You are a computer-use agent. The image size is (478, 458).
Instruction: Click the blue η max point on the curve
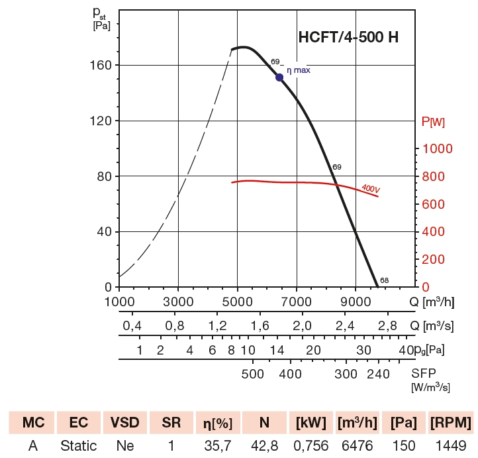(279, 77)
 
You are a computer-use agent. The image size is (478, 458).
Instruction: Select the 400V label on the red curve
(371, 189)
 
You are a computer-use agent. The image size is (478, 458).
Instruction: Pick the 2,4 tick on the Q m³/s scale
(345, 325)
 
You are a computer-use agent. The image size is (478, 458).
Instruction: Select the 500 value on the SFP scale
(253, 374)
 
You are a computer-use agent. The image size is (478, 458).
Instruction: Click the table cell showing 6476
(357, 446)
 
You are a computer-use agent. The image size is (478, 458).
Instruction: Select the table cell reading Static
(78, 446)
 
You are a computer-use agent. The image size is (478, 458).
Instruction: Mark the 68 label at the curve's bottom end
(384, 280)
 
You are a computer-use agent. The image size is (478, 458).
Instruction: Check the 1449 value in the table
(450, 446)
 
